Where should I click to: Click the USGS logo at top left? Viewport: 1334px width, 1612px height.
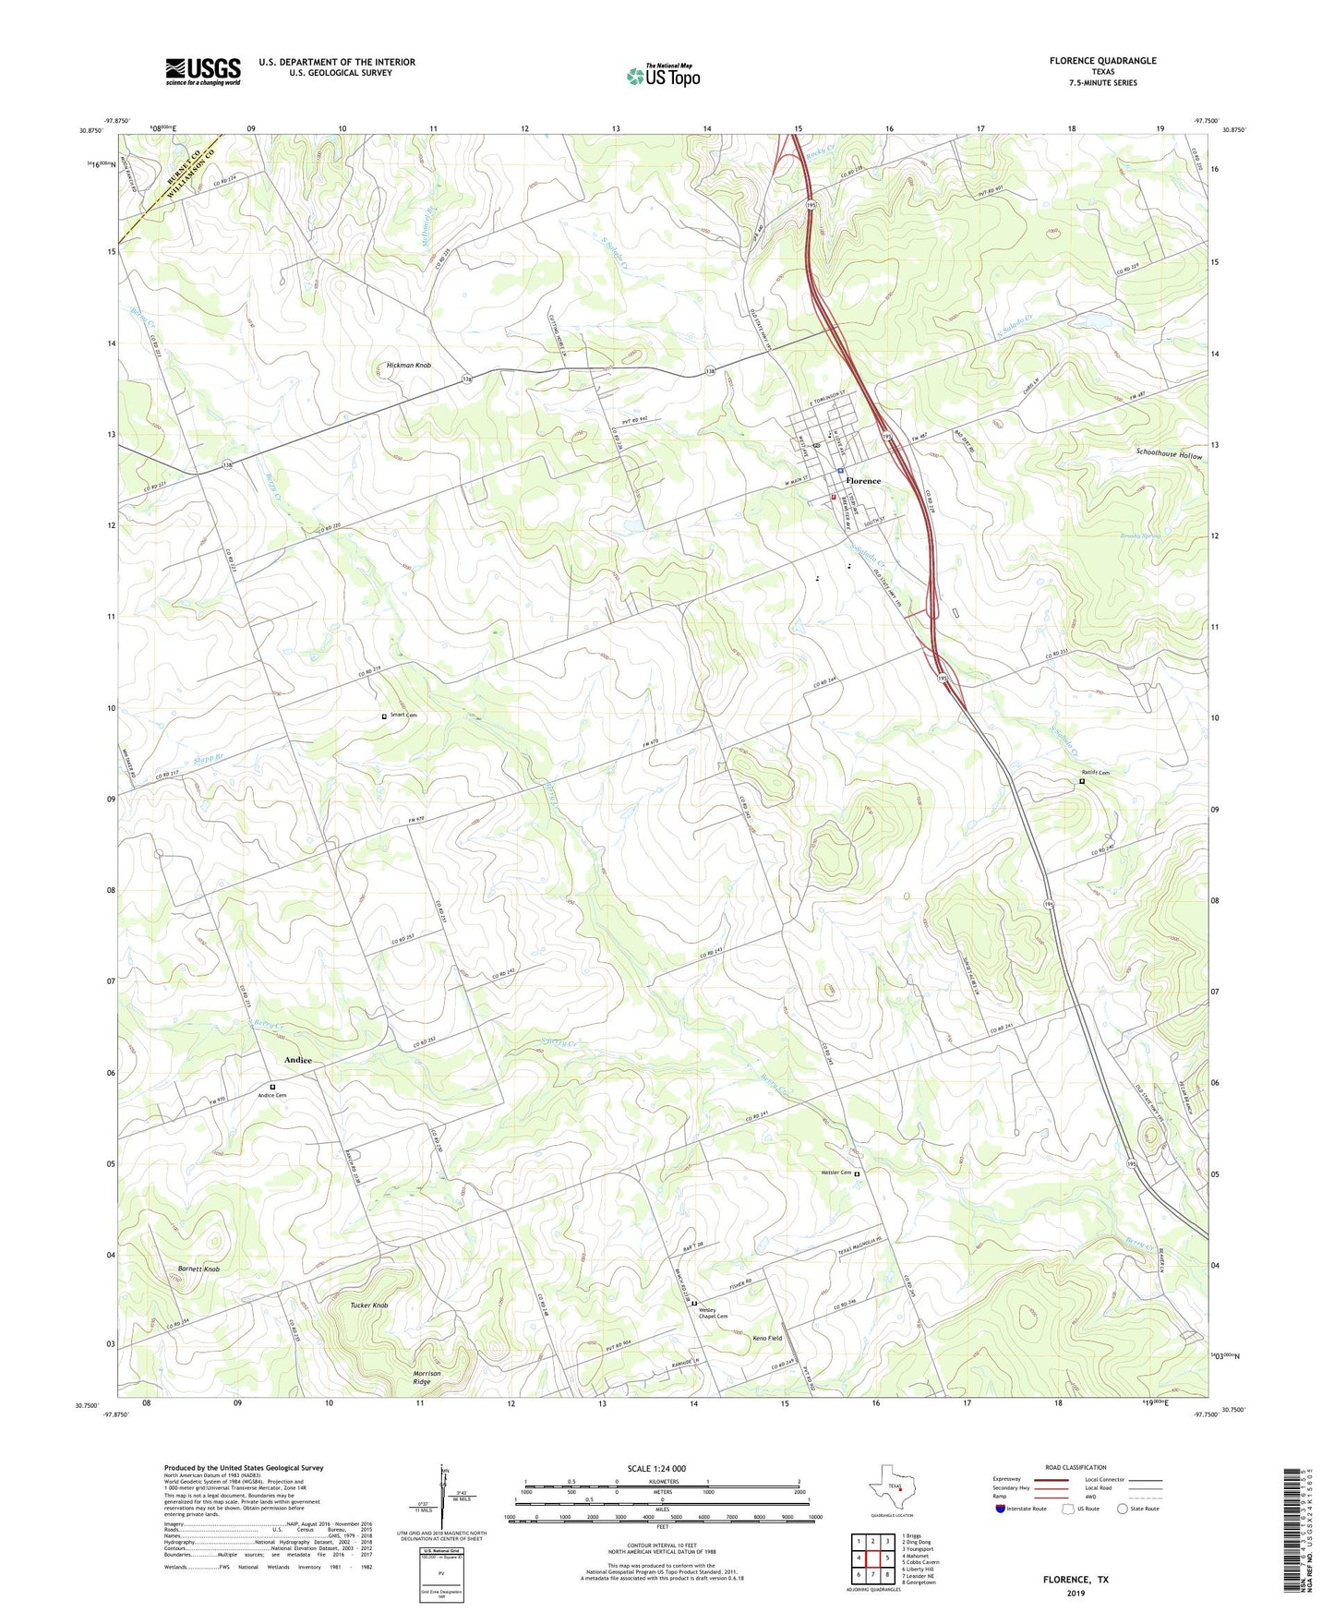coord(203,71)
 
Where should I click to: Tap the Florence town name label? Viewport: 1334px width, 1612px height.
coord(863,481)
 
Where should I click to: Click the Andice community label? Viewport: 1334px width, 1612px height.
coord(297,1060)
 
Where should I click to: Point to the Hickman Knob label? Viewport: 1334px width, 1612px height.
coord(403,366)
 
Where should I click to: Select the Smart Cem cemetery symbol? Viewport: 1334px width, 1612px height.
coord(384,716)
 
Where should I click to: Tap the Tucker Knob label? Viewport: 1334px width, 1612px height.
coord(369,1305)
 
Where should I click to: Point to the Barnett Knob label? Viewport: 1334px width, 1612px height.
coord(198,1269)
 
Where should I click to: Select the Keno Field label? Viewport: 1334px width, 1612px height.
coord(767,1338)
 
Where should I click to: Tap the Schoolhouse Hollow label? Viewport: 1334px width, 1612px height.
coord(1169,456)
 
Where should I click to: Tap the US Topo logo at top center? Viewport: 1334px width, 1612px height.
coord(663,77)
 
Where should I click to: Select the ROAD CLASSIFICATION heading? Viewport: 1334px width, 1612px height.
coord(1076,1467)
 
